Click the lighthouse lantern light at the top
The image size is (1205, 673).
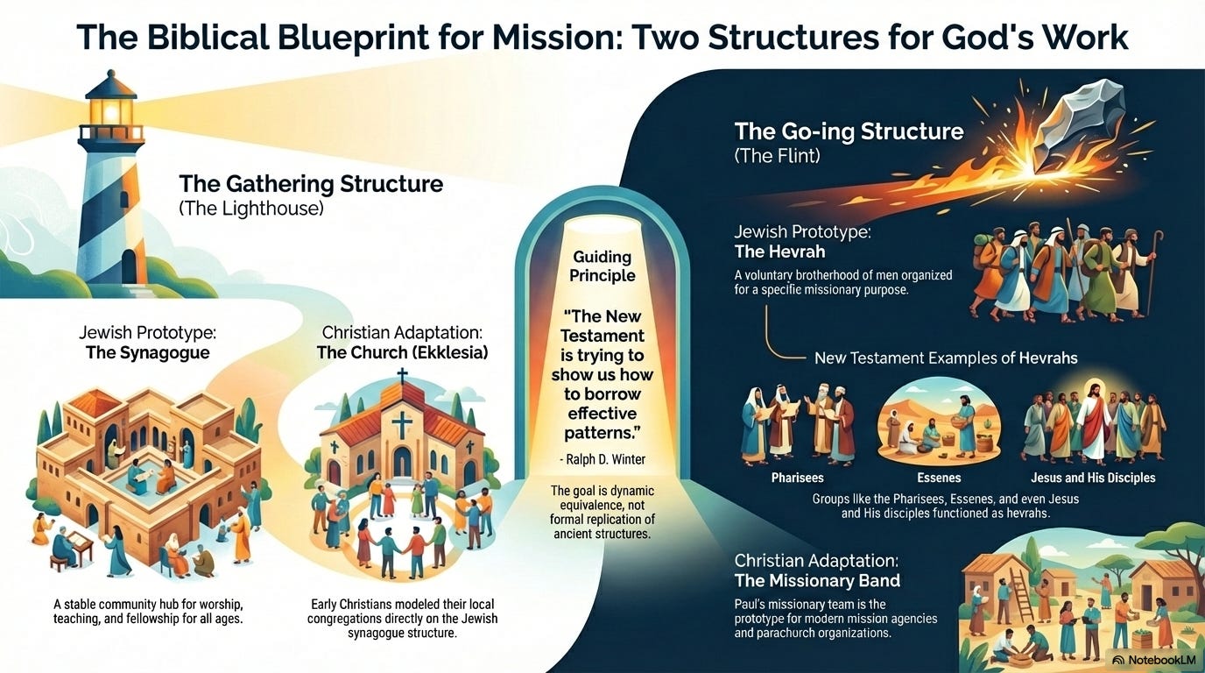[x=110, y=111]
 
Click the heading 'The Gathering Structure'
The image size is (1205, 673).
[x=311, y=184]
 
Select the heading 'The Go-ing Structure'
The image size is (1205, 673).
[x=849, y=132]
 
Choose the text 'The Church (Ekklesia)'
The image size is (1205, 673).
[x=402, y=353]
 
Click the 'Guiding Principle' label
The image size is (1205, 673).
[x=602, y=266]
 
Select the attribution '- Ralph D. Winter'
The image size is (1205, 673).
[x=602, y=457]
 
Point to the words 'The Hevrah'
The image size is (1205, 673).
[x=779, y=251]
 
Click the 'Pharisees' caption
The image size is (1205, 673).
[x=798, y=478]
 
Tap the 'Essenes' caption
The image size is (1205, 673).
[x=938, y=478]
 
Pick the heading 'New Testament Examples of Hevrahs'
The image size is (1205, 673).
[x=946, y=358]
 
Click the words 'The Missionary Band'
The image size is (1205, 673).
[x=817, y=580]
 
